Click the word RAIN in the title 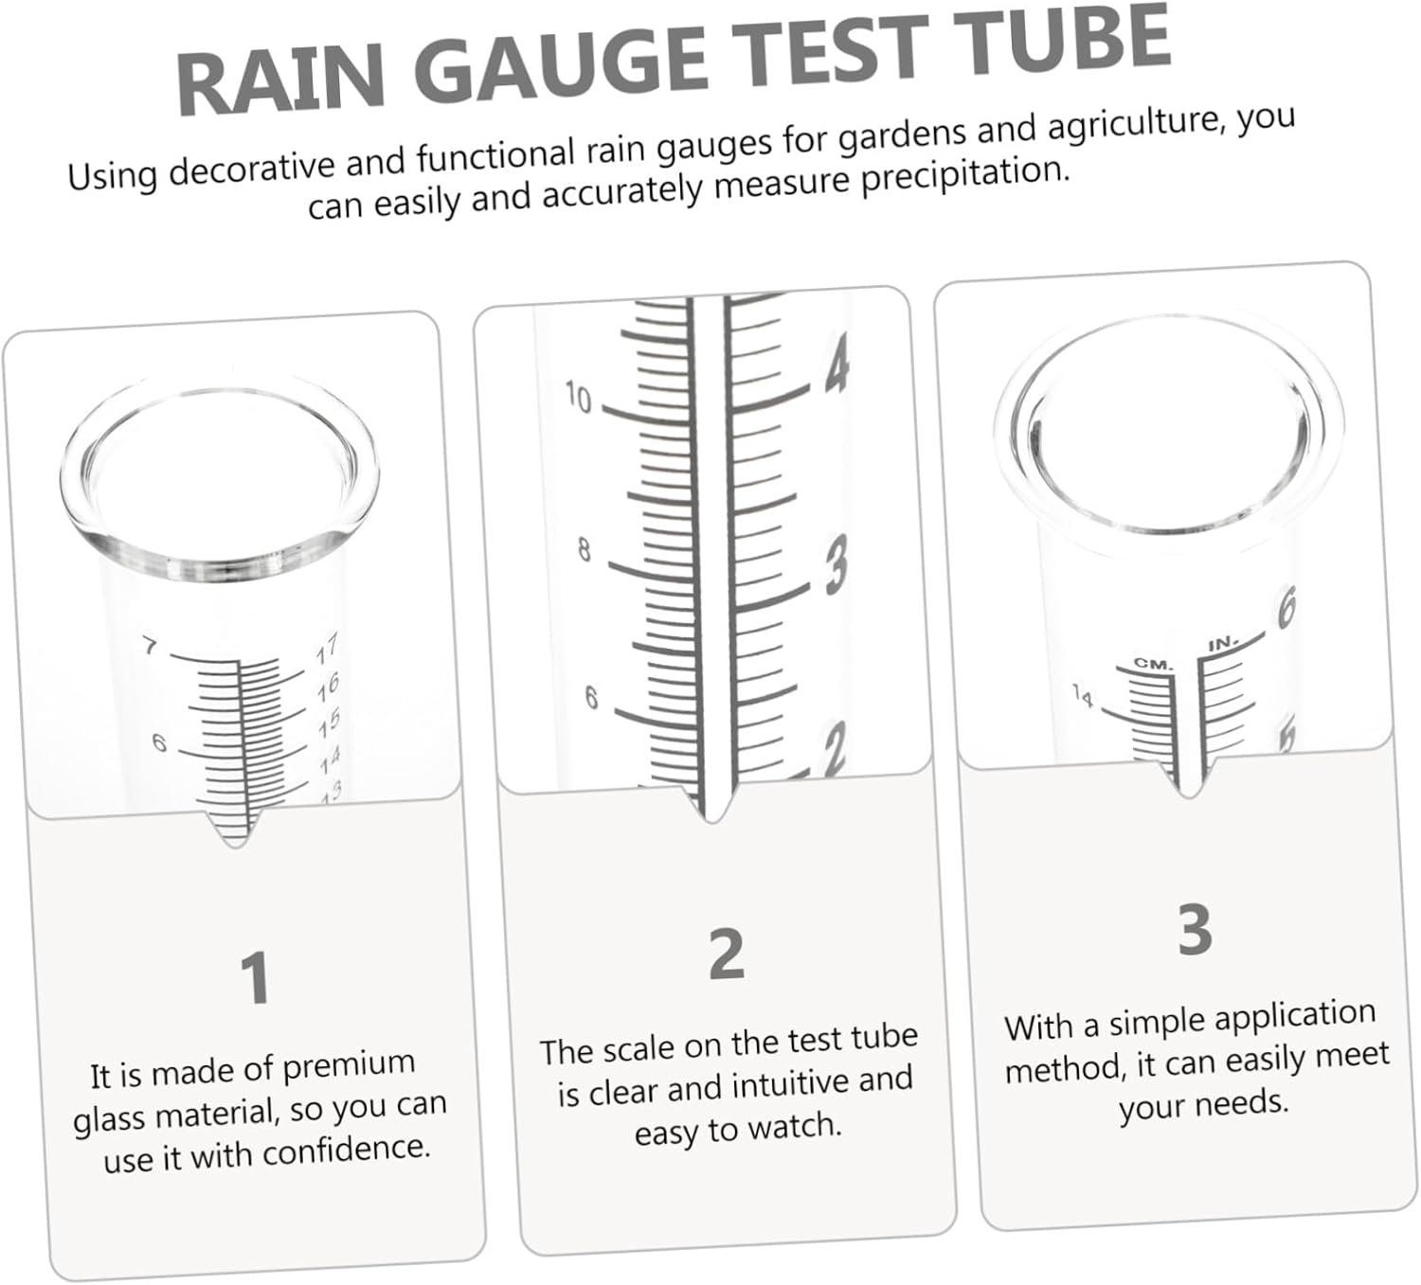tap(280, 81)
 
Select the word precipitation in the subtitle tap(965, 175)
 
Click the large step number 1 tap(255, 979)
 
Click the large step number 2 tap(727, 955)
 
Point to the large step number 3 tap(1195, 930)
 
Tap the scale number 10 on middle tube tap(578, 398)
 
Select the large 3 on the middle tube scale tap(835, 564)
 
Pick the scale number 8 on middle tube tap(585, 549)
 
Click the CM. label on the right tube tap(1154, 664)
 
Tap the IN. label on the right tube tap(1223, 644)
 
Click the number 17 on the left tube tap(327, 650)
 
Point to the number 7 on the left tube tap(150, 647)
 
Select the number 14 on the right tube tap(1083, 696)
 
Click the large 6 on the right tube tap(1286, 606)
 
